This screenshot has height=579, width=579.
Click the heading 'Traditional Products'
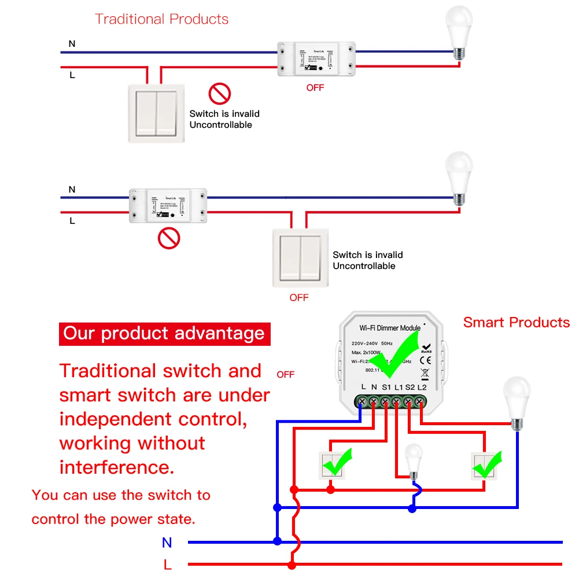(x=161, y=19)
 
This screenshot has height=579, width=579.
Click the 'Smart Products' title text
(x=516, y=323)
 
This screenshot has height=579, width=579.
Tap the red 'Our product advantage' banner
(x=164, y=334)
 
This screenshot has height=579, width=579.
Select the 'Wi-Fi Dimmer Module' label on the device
(x=390, y=328)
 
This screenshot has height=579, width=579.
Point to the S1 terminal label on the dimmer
(x=386, y=386)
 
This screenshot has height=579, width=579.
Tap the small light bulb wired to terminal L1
(x=413, y=460)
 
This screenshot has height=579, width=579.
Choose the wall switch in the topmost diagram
(x=157, y=113)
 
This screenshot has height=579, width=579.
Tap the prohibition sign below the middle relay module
(x=169, y=238)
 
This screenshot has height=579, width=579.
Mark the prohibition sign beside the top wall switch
(x=219, y=93)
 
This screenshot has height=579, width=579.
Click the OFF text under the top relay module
(x=315, y=88)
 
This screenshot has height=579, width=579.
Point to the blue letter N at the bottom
(x=167, y=543)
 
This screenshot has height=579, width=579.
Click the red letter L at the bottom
(x=167, y=565)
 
